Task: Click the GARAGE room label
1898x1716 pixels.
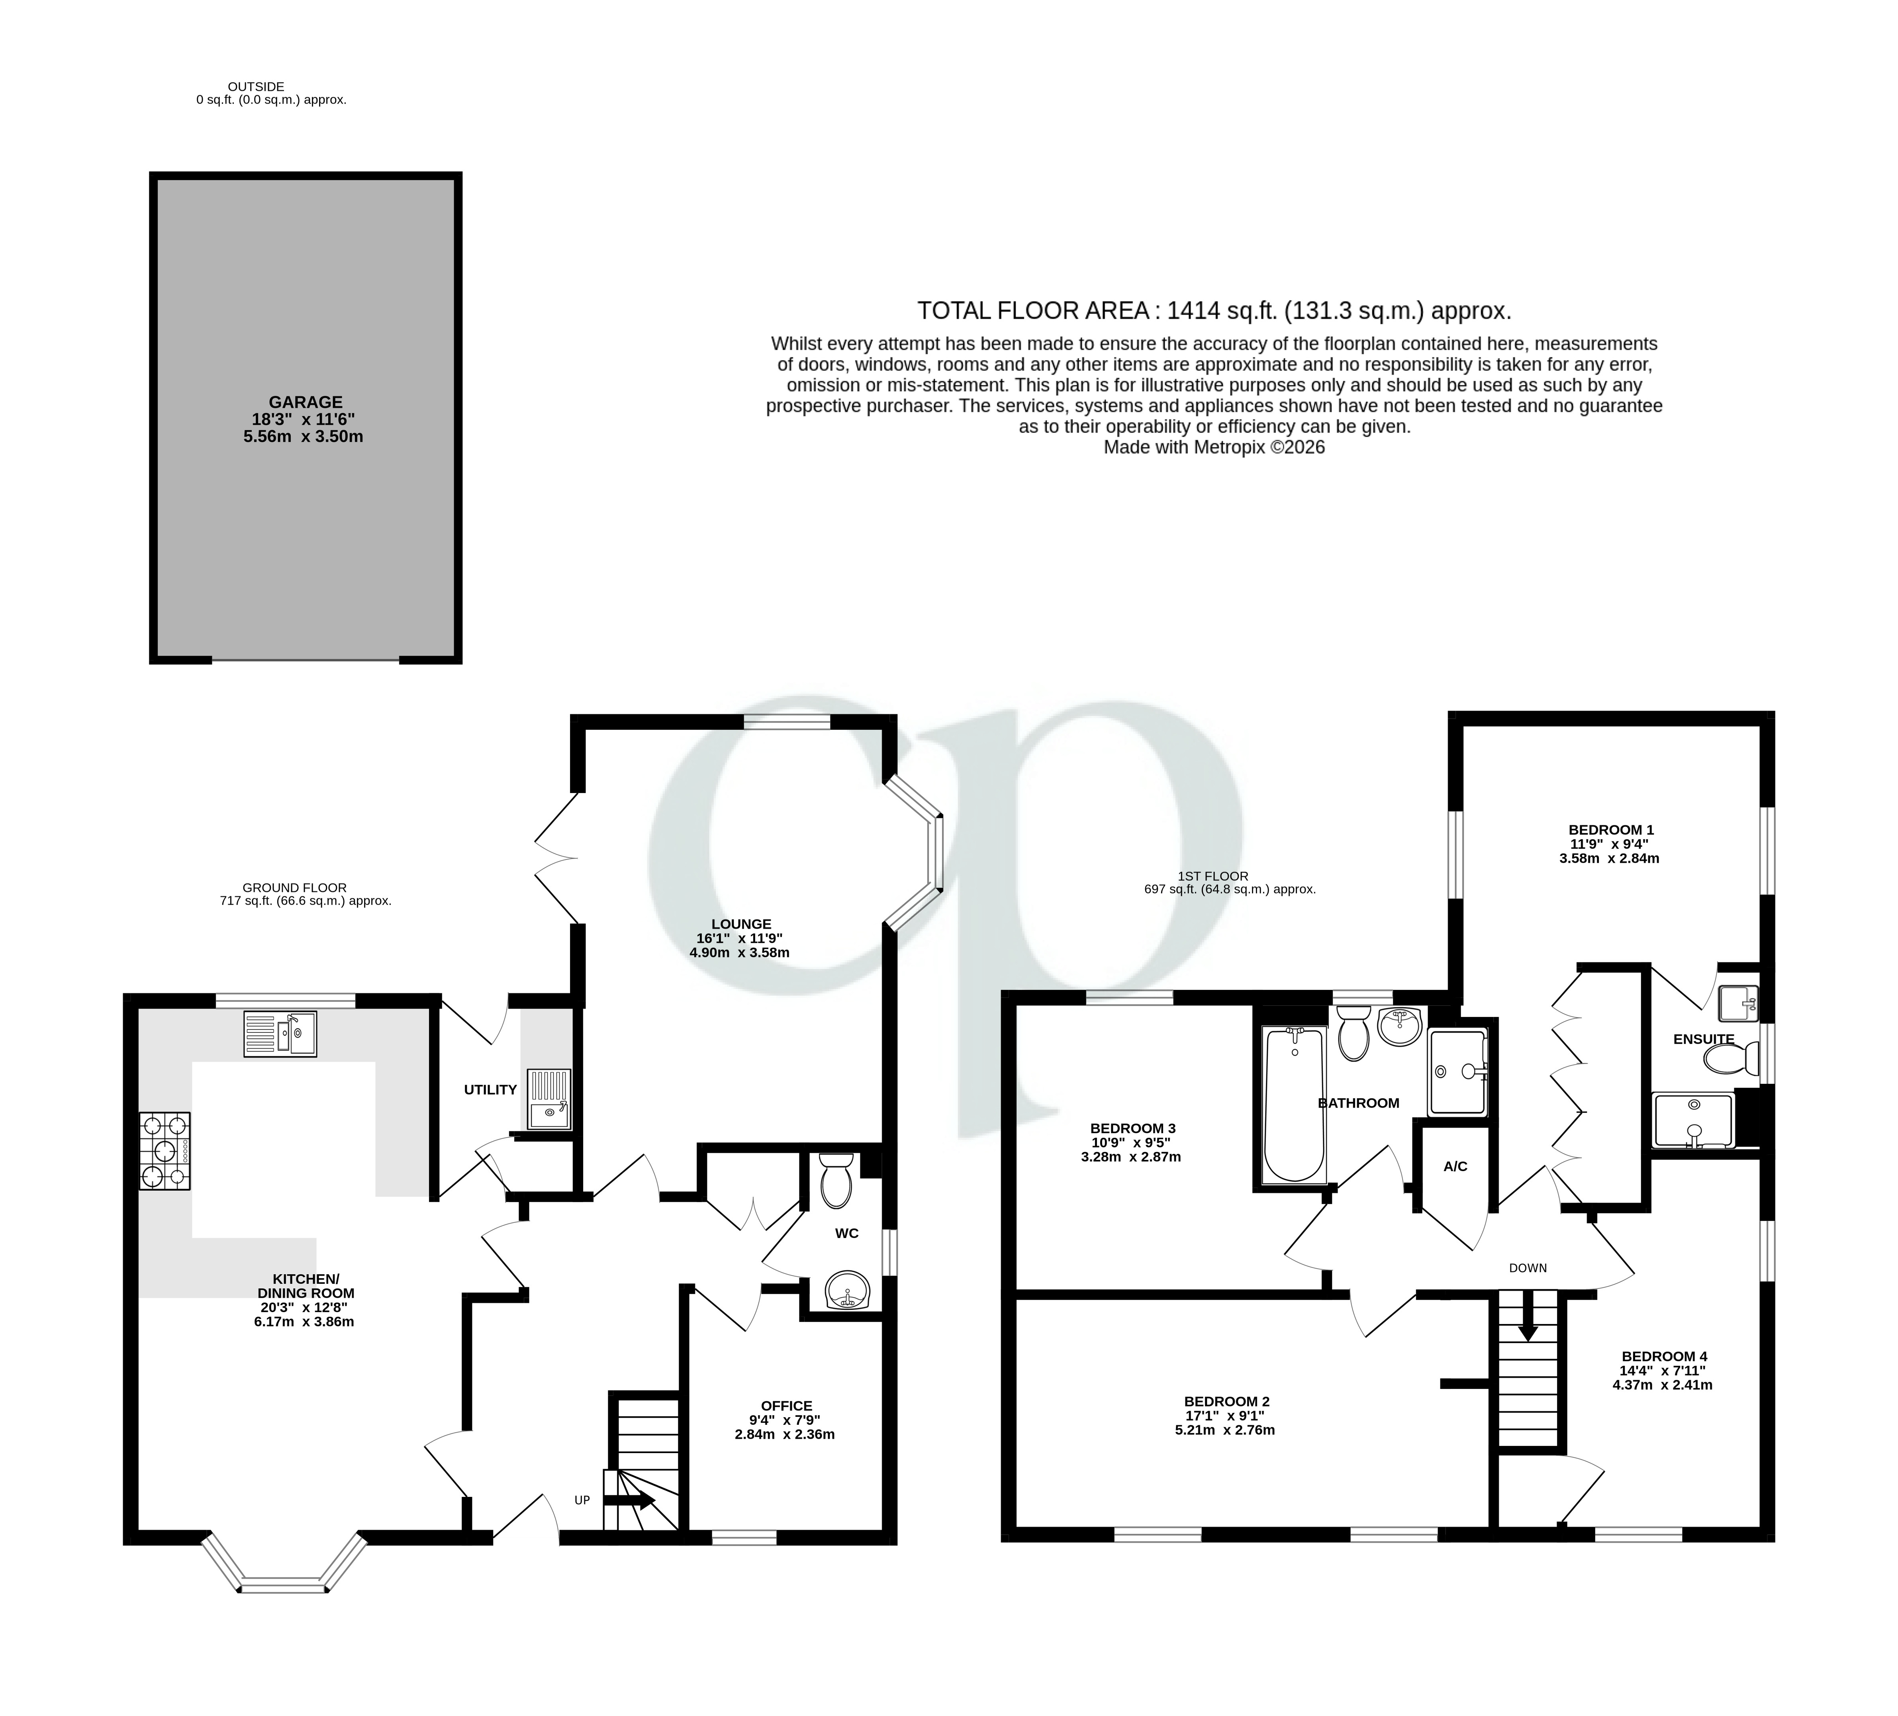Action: [x=305, y=402]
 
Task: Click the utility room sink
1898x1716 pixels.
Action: [x=549, y=1099]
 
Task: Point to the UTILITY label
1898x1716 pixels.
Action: [x=490, y=1090]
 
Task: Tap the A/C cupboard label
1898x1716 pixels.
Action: [x=1455, y=1166]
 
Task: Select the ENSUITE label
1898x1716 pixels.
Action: [x=1703, y=1039]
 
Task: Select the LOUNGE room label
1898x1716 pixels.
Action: [x=741, y=925]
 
